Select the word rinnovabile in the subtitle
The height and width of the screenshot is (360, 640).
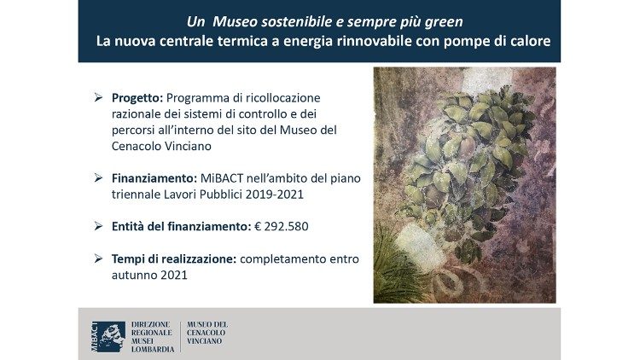pos(391,40)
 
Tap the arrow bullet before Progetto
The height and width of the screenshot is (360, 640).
pos(99,98)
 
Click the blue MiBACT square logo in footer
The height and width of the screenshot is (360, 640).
pos(108,336)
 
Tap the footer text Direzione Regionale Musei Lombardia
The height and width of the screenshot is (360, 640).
pos(153,336)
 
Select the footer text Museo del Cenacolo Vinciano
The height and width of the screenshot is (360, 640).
pos(207,333)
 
